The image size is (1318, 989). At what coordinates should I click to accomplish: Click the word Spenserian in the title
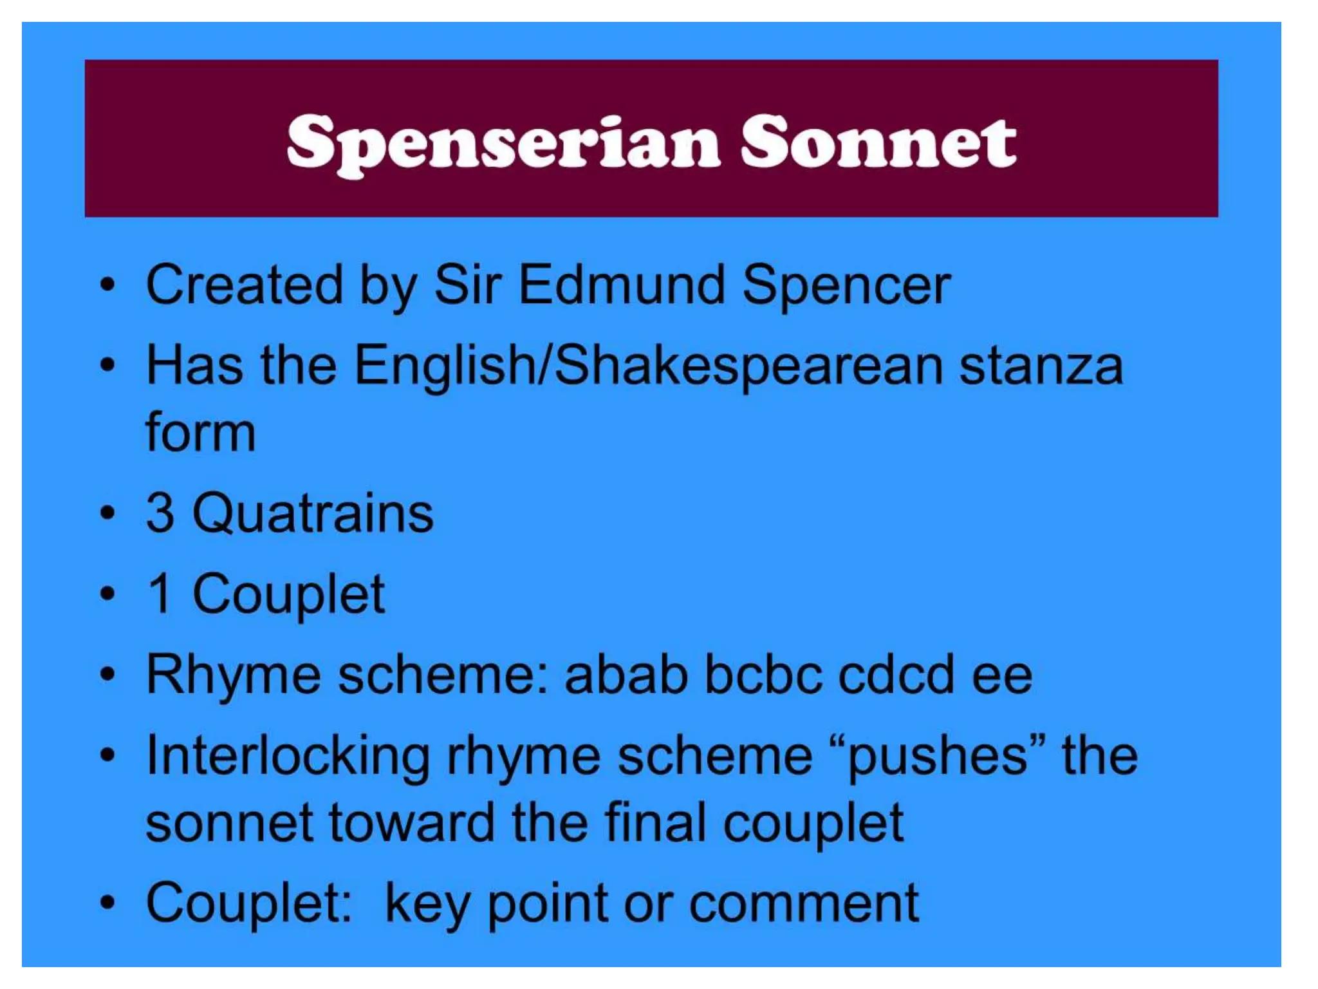tap(503, 143)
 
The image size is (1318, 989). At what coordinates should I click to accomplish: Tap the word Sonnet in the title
tap(878, 143)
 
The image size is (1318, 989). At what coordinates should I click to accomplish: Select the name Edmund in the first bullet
tap(622, 285)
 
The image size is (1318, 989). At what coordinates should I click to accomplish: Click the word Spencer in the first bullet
tap(846, 285)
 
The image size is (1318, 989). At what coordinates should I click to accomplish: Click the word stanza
tap(1041, 366)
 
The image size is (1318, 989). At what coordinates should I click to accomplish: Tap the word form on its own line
tap(201, 433)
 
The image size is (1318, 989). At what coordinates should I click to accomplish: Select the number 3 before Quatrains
tap(160, 513)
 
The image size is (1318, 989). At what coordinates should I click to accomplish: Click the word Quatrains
tap(313, 514)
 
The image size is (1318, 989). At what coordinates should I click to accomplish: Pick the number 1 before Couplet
tap(160, 594)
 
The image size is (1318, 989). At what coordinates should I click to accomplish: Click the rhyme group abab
tap(626, 675)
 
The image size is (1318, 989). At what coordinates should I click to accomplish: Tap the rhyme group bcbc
tap(763, 675)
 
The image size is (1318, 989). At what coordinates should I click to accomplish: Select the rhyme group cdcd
tap(896, 675)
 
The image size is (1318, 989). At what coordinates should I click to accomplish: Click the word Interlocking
tap(288, 756)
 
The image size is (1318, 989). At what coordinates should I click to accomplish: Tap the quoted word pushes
tap(936, 756)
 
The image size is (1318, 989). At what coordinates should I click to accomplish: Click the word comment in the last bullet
tap(803, 904)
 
